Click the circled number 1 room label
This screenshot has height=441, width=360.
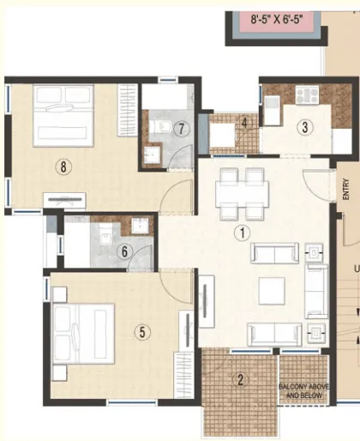click(x=242, y=233)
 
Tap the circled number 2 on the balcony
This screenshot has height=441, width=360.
click(x=241, y=380)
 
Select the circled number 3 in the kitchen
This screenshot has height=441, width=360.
click(x=305, y=127)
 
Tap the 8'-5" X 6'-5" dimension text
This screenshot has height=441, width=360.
click(x=277, y=20)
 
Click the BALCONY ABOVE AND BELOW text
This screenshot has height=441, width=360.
click(x=303, y=391)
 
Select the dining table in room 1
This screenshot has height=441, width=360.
click(x=242, y=194)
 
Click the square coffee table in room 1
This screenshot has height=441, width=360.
click(x=272, y=291)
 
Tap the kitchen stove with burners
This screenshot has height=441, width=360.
click(x=307, y=94)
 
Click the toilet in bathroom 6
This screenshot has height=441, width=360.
click(x=105, y=235)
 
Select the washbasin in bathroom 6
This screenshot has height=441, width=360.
click(x=140, y=226)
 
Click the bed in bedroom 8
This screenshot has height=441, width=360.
click(x=63, y=116)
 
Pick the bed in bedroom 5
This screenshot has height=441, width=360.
click(x=84, y=334)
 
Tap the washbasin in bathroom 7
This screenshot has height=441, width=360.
click(x=151, y=155)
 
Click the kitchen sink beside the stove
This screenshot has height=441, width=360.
click(x=273, y=110)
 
